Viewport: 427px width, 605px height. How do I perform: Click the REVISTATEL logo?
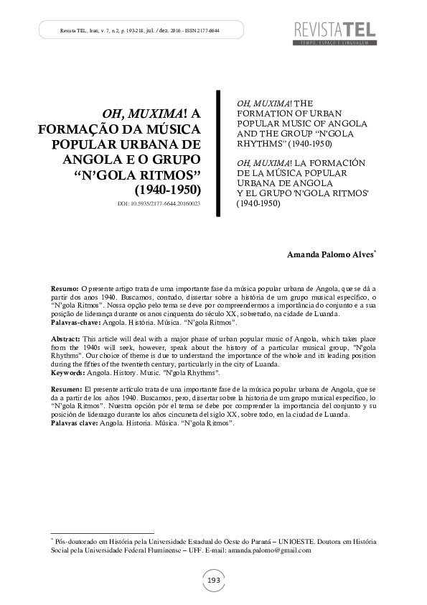[336, 29]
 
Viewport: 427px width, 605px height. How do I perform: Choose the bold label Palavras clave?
[76, 424]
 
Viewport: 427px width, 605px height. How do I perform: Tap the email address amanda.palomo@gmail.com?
[269, 550]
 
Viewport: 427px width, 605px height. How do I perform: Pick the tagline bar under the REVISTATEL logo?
[334, 43]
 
